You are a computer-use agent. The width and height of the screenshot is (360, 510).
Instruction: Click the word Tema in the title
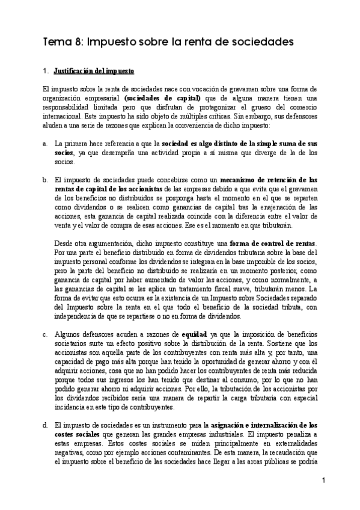[56, 43]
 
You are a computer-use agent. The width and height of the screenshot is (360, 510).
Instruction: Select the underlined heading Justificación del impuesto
[93, 71]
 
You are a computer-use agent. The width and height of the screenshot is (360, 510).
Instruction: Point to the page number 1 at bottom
[323, 480]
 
